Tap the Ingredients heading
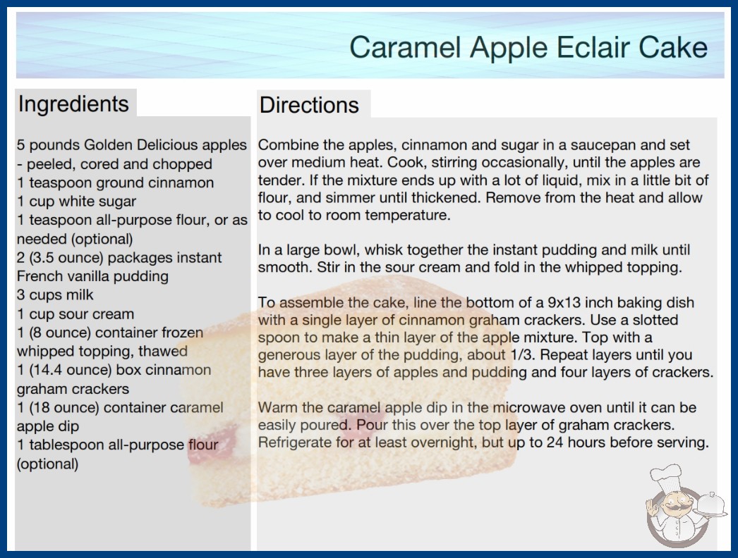73,104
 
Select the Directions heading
309,105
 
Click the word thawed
163,351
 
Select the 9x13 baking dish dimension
564,302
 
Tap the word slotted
655,320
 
